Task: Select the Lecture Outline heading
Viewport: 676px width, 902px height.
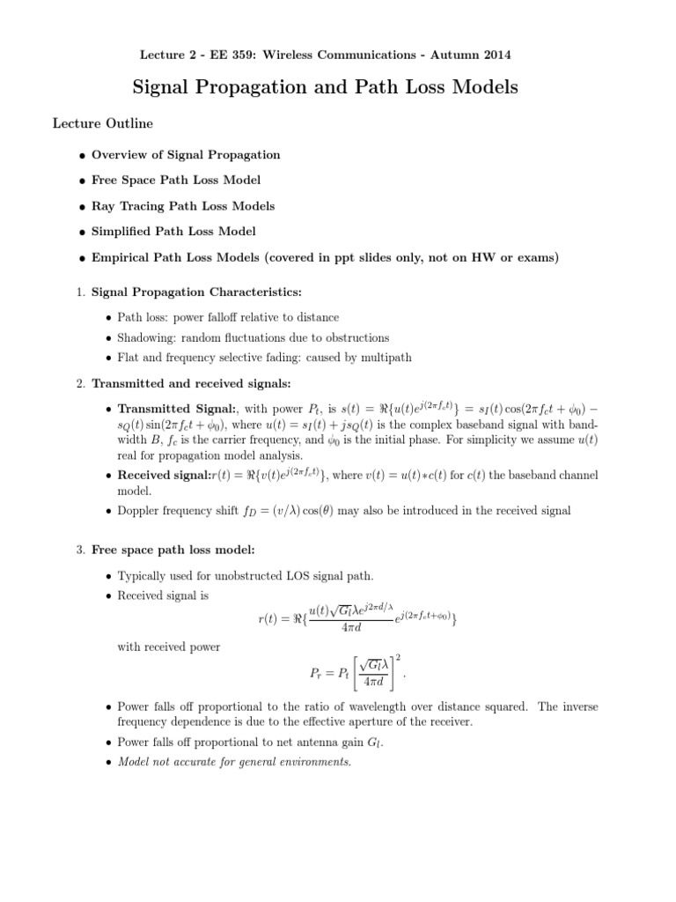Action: point(103,124)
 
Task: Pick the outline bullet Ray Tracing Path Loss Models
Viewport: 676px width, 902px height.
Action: point(183,205)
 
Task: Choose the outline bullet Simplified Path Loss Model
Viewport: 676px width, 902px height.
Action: point(173,231)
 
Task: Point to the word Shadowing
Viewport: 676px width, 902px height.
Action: point(148,337)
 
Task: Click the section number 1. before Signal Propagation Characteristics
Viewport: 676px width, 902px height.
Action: point(80,292)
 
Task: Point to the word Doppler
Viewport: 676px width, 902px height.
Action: point(141,510)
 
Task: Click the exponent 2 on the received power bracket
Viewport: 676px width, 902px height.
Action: point(399,657)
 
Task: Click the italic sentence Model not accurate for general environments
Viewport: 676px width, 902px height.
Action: point(234,761)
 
